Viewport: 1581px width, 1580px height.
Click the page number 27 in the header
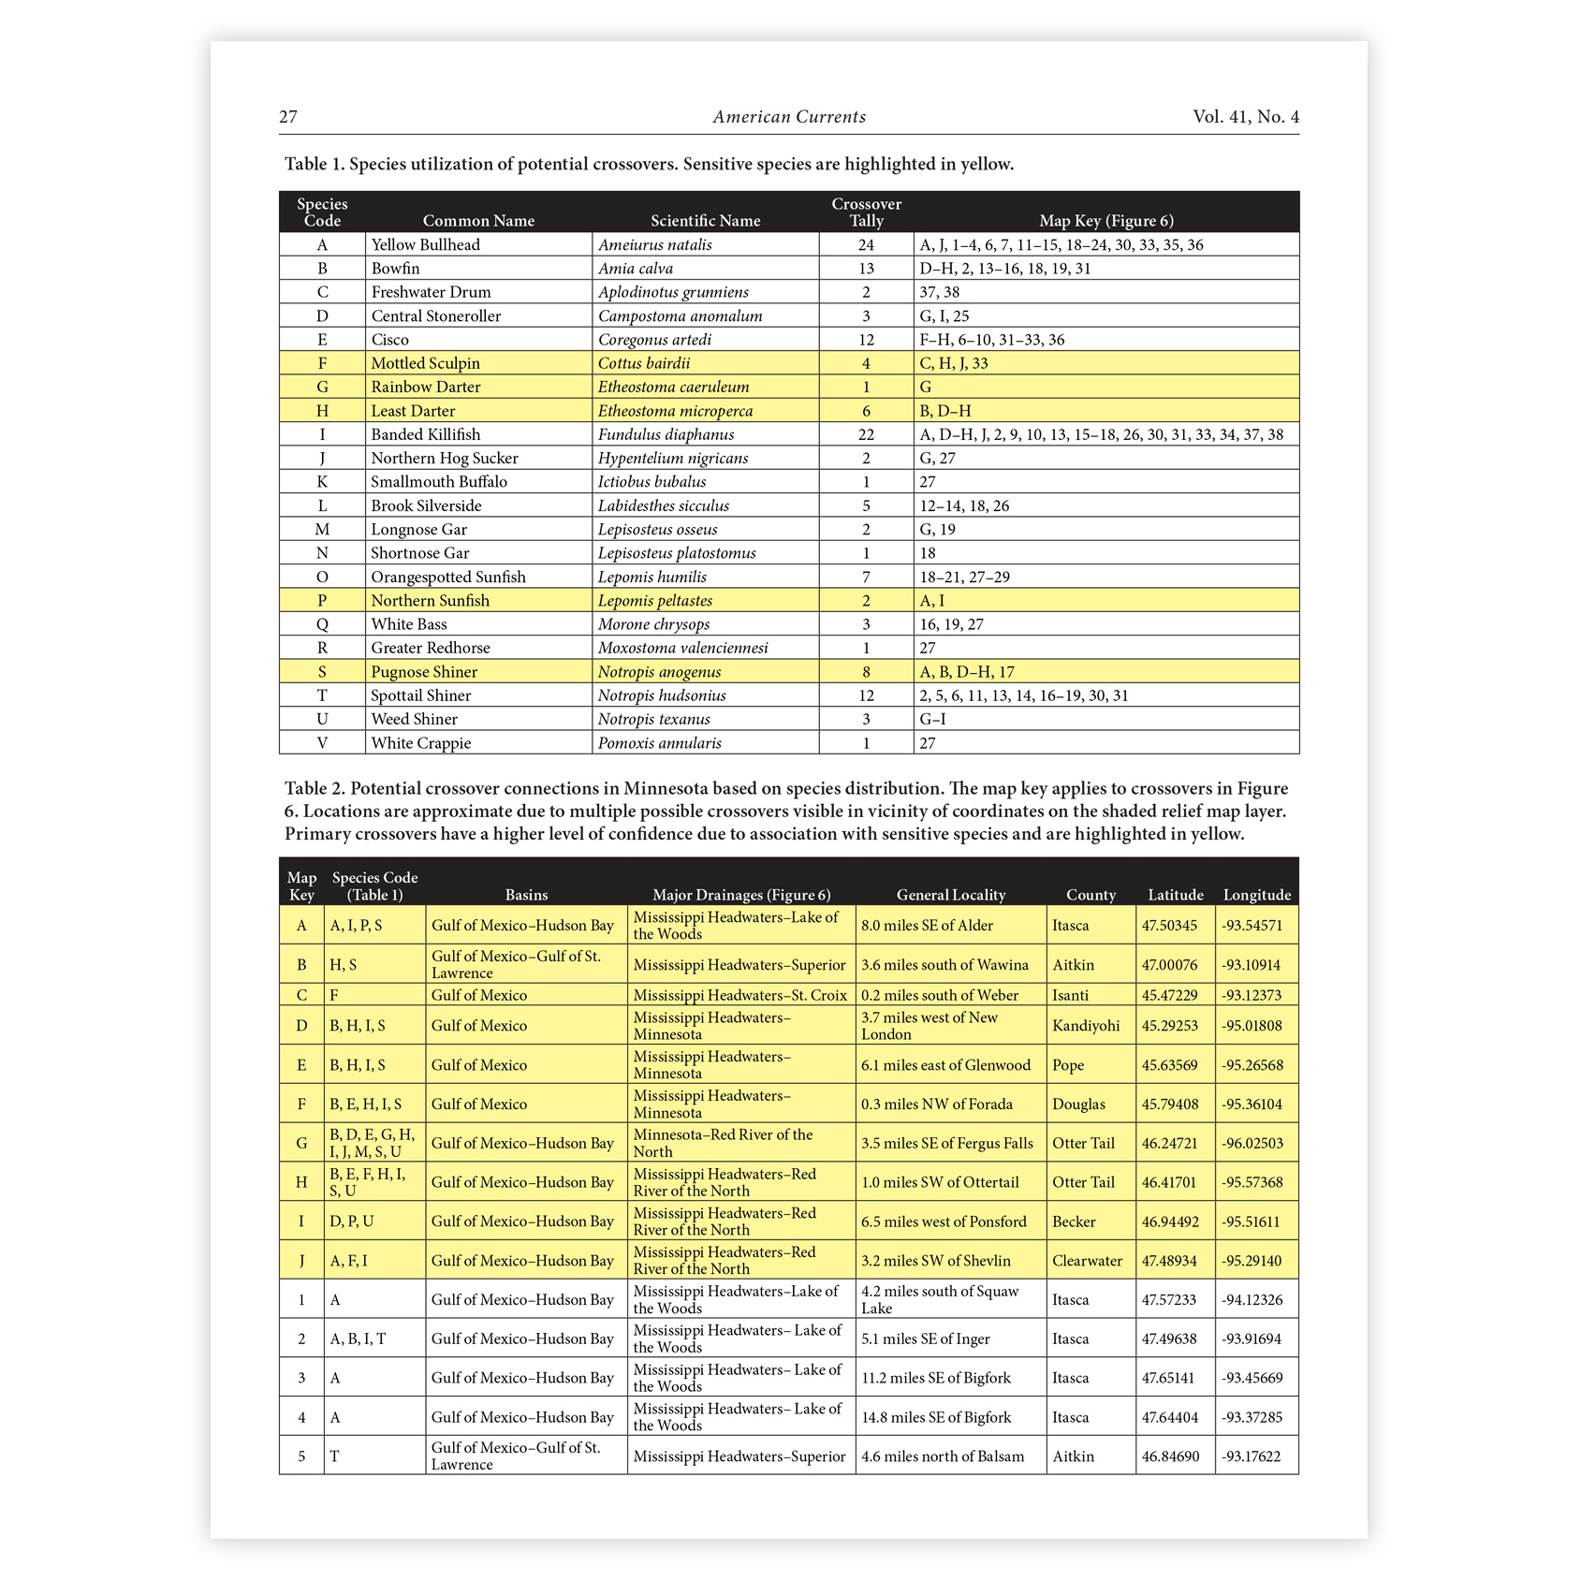pyautogui.click(x=288, y=117)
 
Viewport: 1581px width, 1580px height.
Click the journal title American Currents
pyautogui.click(x=789, y=117)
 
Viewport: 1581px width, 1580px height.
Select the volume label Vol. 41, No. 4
pyautogui.click(x=1245, y=117)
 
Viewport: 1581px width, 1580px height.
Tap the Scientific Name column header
pyautogui.click(x=705, y=221)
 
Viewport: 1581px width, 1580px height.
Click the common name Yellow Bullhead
pyautogui.click(x=425, y=245)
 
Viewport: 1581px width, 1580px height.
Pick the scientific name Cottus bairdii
pyautogui.click(x=644, y=363)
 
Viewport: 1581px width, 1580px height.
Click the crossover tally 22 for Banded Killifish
pyautogui.click(x=866, y=434)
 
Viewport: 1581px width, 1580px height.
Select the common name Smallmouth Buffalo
pyautogui.click(x=439, y=482)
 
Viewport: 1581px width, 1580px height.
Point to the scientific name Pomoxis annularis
pyautogui.click(x=660, y=743)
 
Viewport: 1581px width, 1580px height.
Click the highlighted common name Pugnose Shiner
pyautogui.click(x=424, y=672)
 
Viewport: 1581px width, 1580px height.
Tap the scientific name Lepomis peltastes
pyautogui.click(x=655, y=601)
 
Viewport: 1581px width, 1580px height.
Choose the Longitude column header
pyautogui.click(x=1256, y=895)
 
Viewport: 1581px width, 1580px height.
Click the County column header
pyautogui.click(x=1091, y=895)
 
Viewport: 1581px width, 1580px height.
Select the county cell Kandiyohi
pyautogui.click(x=1086, y=1026)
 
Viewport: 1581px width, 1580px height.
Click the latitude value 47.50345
pyautogui.click(x=1169, y=926)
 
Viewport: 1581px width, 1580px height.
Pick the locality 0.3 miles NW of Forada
pyautogui.click(x=937, y=1105)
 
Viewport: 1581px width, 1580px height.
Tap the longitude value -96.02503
pyautogui.click(x=1252, y=1144)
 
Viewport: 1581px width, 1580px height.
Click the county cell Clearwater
pyautogui.click(x=1087, y=1261)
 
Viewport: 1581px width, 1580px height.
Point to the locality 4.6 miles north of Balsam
pyautogui.click(x=943, y=1456)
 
